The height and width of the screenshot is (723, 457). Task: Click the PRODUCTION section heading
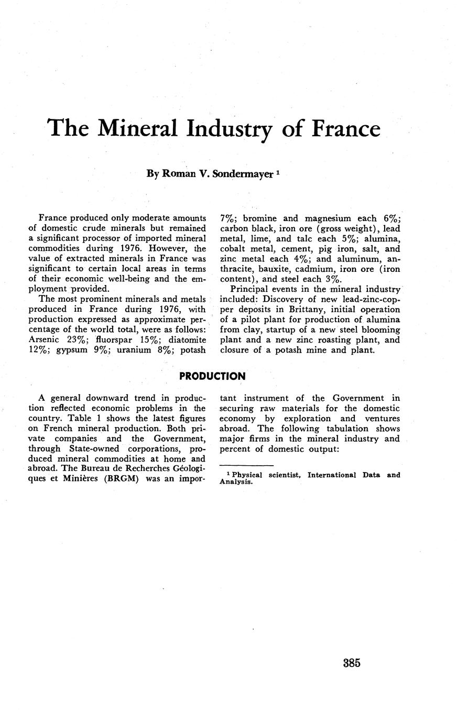coord(212,377)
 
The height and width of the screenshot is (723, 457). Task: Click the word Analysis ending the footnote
coord(235,482)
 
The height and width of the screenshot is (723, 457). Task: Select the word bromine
coord(260,218)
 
